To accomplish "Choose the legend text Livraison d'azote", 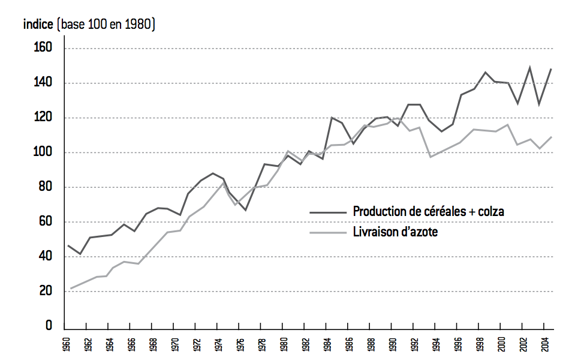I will [396, 232].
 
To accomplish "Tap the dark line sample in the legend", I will [328, 212].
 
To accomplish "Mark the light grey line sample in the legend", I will [328, 232].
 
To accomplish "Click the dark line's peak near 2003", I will [530, 67].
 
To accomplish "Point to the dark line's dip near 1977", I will [246, 210].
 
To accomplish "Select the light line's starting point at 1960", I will [71, 289].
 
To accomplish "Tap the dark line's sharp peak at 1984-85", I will [332, 118].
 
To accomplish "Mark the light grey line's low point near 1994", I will [430, 157].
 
